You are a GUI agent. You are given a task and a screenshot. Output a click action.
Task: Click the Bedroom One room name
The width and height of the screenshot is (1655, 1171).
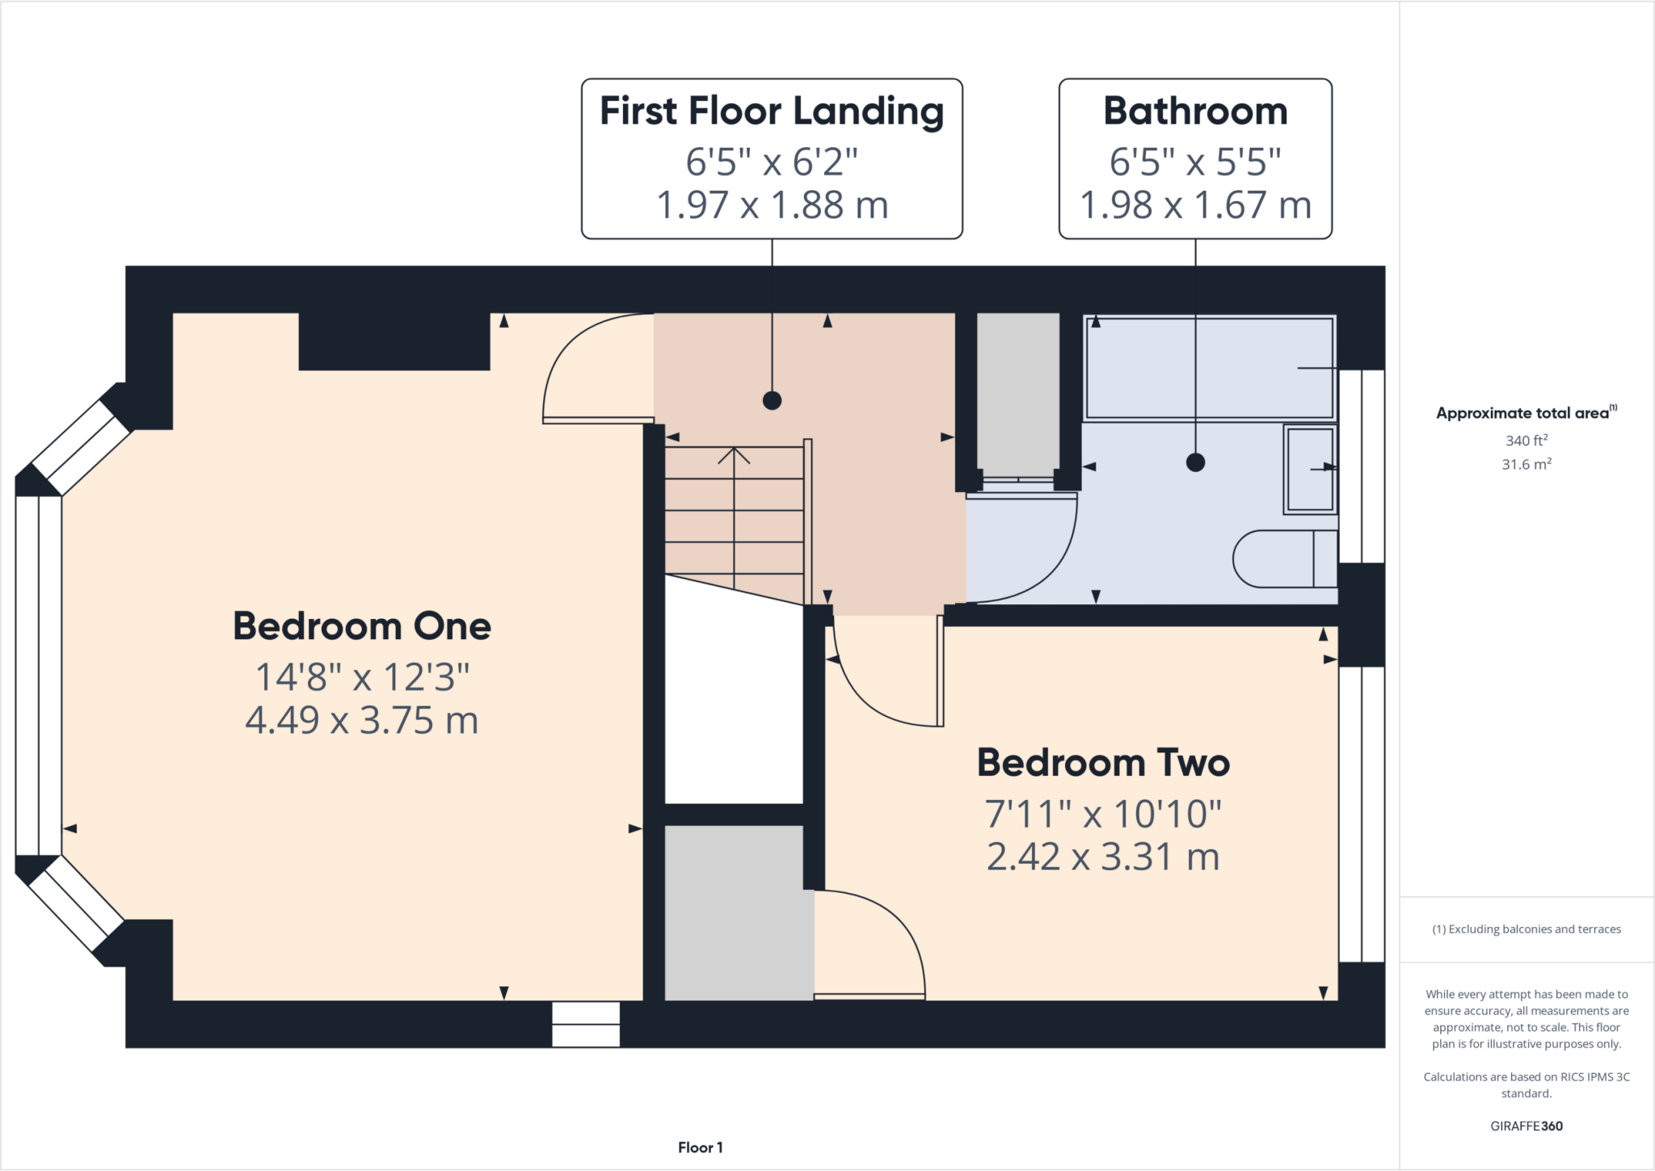click(x=361, y=626)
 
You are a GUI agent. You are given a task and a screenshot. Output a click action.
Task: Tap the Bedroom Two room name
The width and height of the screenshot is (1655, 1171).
click(x=1103, y=763)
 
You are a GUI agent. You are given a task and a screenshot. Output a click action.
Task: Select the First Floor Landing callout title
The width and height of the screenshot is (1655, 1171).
click(x=772, y=111)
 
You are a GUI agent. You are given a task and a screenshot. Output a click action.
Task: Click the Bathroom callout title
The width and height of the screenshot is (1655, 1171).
click(x=1195, y=111)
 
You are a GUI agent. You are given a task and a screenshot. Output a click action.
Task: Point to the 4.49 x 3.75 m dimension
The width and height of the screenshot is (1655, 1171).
click(x=361, y=720)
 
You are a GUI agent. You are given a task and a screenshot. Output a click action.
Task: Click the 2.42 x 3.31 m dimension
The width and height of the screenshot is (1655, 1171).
click(x=1103, y=857)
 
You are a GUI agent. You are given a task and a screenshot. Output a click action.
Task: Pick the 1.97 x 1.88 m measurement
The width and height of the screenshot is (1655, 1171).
click(x=772, y=204)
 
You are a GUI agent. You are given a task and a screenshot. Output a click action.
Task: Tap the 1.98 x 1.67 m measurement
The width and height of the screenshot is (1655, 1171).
click(x=1195, y=204)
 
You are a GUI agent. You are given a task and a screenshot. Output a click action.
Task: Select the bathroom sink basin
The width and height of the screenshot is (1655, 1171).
click(x=1310, y=470)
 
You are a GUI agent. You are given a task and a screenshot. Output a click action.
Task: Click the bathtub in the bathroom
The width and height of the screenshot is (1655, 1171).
click(x=1209, y=368)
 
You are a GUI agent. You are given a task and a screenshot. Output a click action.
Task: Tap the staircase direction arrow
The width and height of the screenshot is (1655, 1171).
click(x=734, y=457)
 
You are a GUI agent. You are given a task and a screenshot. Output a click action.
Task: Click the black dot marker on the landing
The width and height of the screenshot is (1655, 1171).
click(x=772, y=400)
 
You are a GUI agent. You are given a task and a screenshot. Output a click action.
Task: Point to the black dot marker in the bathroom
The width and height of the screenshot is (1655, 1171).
click(x=1195, y=462)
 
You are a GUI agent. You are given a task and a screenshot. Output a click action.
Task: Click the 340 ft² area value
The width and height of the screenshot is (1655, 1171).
click(x=1526, y=440)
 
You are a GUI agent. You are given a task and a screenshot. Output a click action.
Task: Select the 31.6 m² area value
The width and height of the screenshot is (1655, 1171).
click(x=1526, y=465)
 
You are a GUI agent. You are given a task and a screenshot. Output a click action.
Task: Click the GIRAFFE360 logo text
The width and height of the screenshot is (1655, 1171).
click(x=1526, y=1126)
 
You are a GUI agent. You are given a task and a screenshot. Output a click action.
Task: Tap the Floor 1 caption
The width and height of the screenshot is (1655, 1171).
click(x=700, y=1148)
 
